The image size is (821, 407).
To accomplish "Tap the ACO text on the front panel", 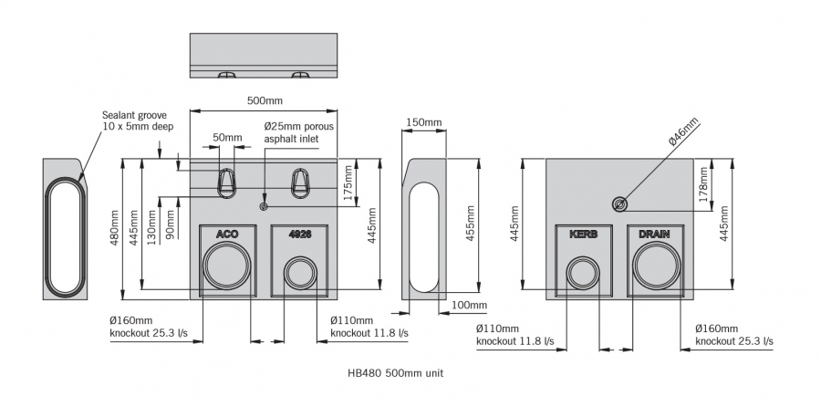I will coord(227,235).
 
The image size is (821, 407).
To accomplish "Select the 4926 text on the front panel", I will coord(300,235).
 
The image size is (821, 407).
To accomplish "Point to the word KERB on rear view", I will coord(584,235).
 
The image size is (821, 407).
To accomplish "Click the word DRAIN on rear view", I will coord(654,235).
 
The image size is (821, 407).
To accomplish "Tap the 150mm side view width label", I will coord(424,122).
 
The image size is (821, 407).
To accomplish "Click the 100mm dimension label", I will coord(469,305).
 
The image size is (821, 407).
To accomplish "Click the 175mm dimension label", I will coord(348,179).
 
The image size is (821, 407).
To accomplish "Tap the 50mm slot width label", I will coord(227,139).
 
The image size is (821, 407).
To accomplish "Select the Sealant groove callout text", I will coord(137,120).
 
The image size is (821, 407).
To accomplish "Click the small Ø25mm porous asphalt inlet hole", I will coord(264,207).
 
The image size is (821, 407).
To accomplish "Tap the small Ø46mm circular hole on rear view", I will coord(620,203).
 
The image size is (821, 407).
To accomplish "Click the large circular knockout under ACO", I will coord(225,268).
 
